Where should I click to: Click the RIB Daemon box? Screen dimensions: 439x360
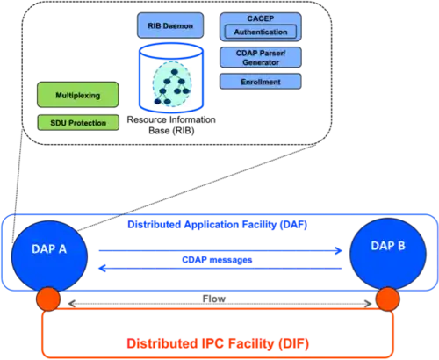point(170,25)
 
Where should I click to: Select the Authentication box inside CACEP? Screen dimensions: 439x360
point(261,32)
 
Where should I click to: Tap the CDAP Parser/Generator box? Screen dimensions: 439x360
point(261,57)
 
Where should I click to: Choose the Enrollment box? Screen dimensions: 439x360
point(261,82)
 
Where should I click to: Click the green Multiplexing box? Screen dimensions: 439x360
point(78,95)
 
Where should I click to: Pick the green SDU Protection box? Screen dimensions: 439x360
point(78,122)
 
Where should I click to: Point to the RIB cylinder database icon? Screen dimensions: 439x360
point(171,78)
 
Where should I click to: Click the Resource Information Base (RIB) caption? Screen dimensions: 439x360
point(171,125)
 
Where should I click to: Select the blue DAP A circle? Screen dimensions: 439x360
point(49,256)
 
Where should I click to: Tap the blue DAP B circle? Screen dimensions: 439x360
point(388,254)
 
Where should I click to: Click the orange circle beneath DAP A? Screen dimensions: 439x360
point(48,299)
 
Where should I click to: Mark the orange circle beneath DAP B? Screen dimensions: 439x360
point(388,299)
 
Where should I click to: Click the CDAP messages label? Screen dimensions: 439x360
point(217,260)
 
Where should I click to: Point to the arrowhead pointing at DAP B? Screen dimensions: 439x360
point(339,250)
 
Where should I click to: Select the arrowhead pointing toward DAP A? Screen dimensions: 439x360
point(103,268)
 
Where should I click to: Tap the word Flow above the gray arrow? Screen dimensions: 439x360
point(214,299)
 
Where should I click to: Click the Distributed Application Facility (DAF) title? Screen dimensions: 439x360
point(217,225)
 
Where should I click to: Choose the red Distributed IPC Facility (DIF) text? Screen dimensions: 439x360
point(218,343)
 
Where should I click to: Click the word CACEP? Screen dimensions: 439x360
point(261,18)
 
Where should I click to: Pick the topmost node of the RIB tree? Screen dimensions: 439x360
point(175,72)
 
